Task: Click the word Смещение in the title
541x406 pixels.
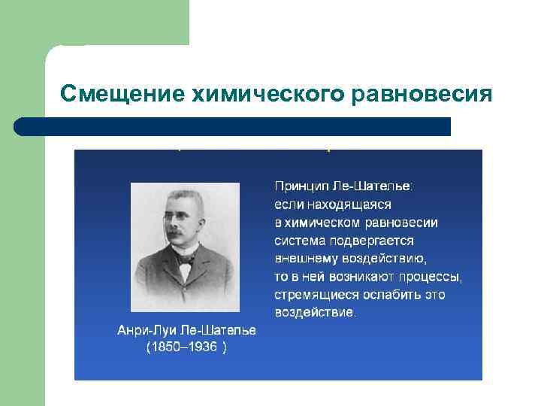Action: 123,94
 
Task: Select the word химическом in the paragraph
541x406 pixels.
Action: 323,222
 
